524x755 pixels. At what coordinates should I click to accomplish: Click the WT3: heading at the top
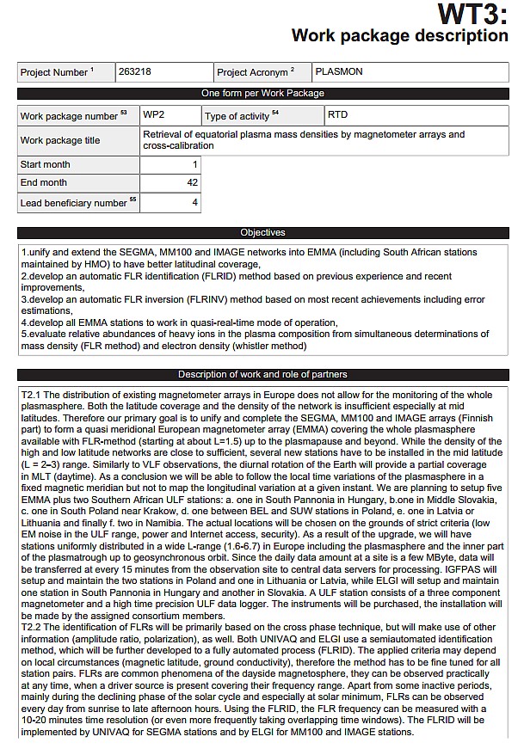click(x=472, y=14)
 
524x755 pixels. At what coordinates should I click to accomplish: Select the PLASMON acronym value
click(x=339, y=72)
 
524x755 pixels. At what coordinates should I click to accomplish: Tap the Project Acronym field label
click(x=256, y=73)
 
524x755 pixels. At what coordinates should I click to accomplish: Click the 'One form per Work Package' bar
click(x=262, y=93)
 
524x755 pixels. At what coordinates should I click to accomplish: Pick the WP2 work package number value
click(x=155, y=114)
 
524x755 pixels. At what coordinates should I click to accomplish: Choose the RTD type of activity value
click(x=338, y=114)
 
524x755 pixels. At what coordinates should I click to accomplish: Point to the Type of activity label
click(x=242, y=115)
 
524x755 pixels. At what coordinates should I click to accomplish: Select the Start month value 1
click(x=195, y=164)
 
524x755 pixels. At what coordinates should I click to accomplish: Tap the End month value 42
click(x=193, y=182)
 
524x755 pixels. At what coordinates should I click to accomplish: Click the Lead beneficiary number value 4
click(x=195, y=203)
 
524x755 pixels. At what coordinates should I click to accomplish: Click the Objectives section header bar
click(x=262, y=232)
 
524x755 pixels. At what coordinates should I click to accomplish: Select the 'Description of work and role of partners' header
click(x=262, y=374)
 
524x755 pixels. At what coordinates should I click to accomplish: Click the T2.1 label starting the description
click(x=32, y=393)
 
